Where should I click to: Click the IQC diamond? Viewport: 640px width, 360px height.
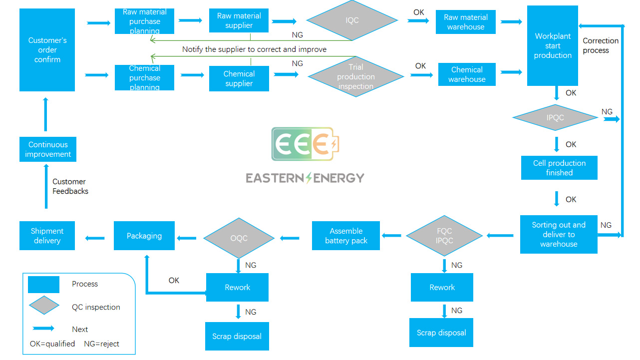point(352,20)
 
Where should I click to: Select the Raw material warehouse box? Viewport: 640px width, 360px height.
point(465,22)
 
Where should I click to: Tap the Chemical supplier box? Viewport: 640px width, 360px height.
point(239,78)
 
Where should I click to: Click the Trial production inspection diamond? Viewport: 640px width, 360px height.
point(356,76)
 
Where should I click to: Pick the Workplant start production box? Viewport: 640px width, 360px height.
point(552,46)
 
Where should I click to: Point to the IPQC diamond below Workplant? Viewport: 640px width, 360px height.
point(555,118)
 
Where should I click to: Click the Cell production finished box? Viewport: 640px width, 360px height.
point(559,168)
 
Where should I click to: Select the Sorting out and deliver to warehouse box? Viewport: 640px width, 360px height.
point(558,235)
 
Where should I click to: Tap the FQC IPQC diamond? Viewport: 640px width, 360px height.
point(444,236)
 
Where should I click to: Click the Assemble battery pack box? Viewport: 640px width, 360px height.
point(346,236)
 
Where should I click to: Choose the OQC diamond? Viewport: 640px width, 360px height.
point(239,238)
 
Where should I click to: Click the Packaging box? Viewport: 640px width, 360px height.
point(144,236)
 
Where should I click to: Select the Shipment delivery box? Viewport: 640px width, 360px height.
point(47,236)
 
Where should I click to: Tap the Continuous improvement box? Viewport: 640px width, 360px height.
point(48,149)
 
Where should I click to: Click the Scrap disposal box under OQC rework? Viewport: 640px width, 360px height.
point(237,336)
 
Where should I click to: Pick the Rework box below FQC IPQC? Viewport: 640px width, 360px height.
point(442,287)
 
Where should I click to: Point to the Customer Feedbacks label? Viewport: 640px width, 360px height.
point(70,186)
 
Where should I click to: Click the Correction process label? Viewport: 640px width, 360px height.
point(600,45)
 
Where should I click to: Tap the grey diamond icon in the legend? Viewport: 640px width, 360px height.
point(44,305)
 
